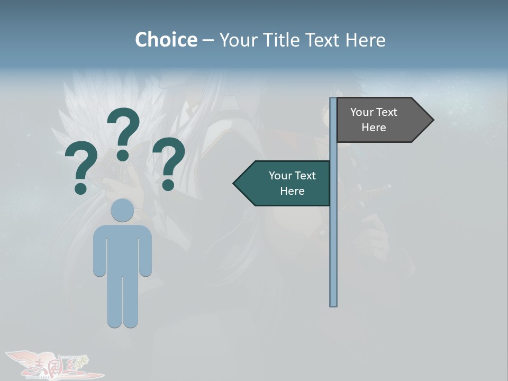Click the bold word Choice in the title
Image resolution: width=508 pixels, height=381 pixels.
point(166,40)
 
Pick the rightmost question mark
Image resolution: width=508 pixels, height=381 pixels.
point(169,161)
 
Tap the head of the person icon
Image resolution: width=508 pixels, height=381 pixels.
point(122,210)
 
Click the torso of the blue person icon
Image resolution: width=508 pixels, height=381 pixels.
point(122,249)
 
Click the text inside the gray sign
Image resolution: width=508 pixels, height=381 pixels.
point(374,120)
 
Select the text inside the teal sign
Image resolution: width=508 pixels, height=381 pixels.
point(292,183)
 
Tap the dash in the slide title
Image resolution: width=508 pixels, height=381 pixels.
point(208,41)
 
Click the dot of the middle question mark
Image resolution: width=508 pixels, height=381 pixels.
point(123,155)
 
